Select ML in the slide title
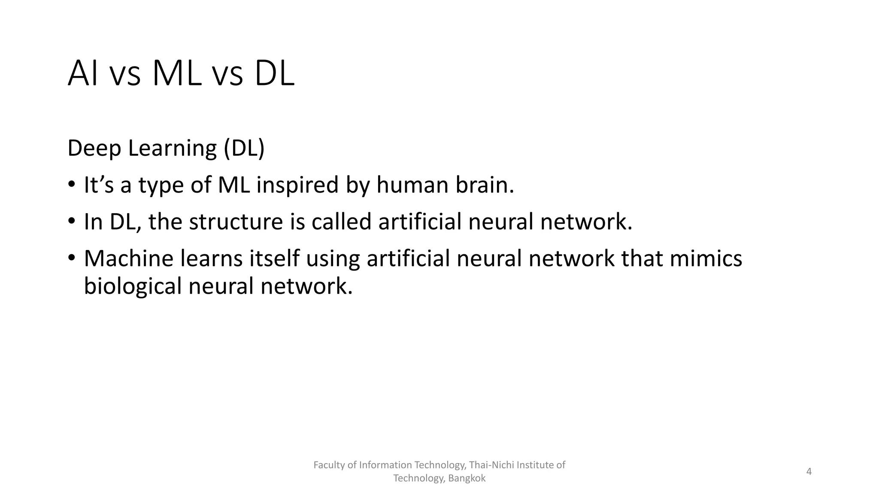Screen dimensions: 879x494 coord(177,73)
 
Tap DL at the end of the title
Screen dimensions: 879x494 coord(274,73)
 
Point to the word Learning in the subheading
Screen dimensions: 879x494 coord(172,148)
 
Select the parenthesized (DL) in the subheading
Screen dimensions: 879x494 coord(244,148)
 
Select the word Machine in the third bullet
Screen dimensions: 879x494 coord(128,258)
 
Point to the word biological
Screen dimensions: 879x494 coord(133,286)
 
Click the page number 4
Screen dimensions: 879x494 coord(809,472)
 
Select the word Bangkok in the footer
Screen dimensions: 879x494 coord(467,479)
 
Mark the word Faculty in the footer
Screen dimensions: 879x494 coord(329,465)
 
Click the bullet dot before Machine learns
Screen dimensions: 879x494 coord(71,258)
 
